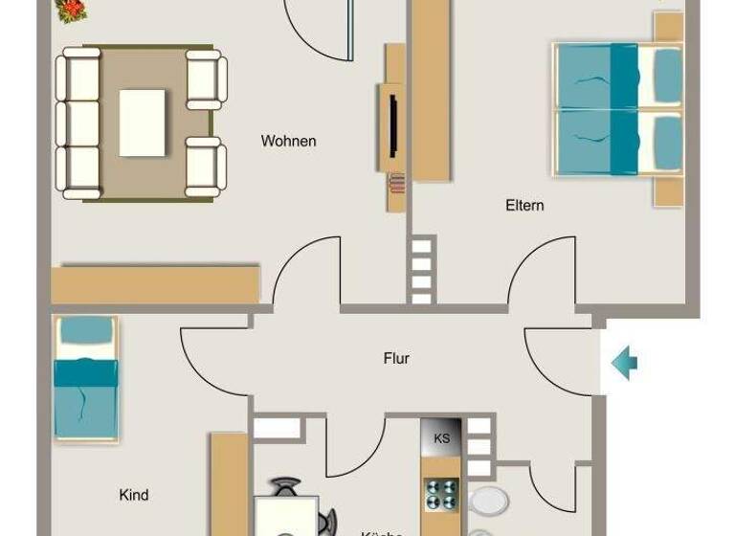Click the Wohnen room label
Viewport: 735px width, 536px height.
point(288,142)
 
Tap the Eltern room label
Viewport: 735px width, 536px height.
point(524,205)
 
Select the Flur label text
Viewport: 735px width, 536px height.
point(396,359)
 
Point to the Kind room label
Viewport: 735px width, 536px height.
point(134,495)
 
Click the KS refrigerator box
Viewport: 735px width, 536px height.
point(441,438)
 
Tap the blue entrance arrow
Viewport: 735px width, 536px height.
point(625,363)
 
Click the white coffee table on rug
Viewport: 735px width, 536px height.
point(143,123)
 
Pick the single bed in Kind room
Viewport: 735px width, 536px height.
point(85,378)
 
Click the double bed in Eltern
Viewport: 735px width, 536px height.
point(618,111)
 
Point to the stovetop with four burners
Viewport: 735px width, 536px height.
point(441,495)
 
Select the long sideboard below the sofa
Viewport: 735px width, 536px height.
point(155,284)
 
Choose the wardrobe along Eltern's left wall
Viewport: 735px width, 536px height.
point(431,91)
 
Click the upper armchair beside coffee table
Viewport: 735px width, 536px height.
point(206,78)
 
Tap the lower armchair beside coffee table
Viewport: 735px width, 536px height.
point(205,167)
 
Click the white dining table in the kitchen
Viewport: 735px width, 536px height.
point(285,517)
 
